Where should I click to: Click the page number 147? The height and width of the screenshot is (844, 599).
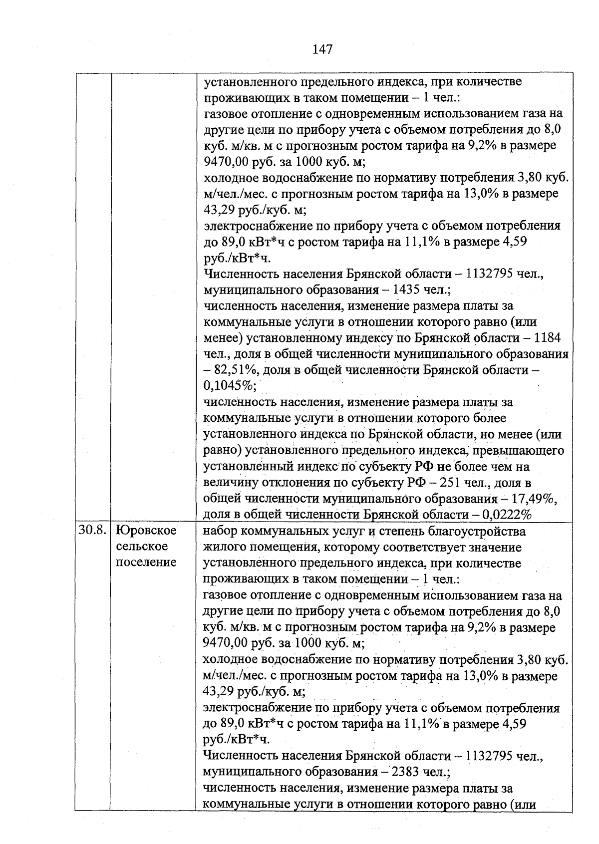322,49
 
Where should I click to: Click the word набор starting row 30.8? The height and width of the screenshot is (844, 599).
221,531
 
